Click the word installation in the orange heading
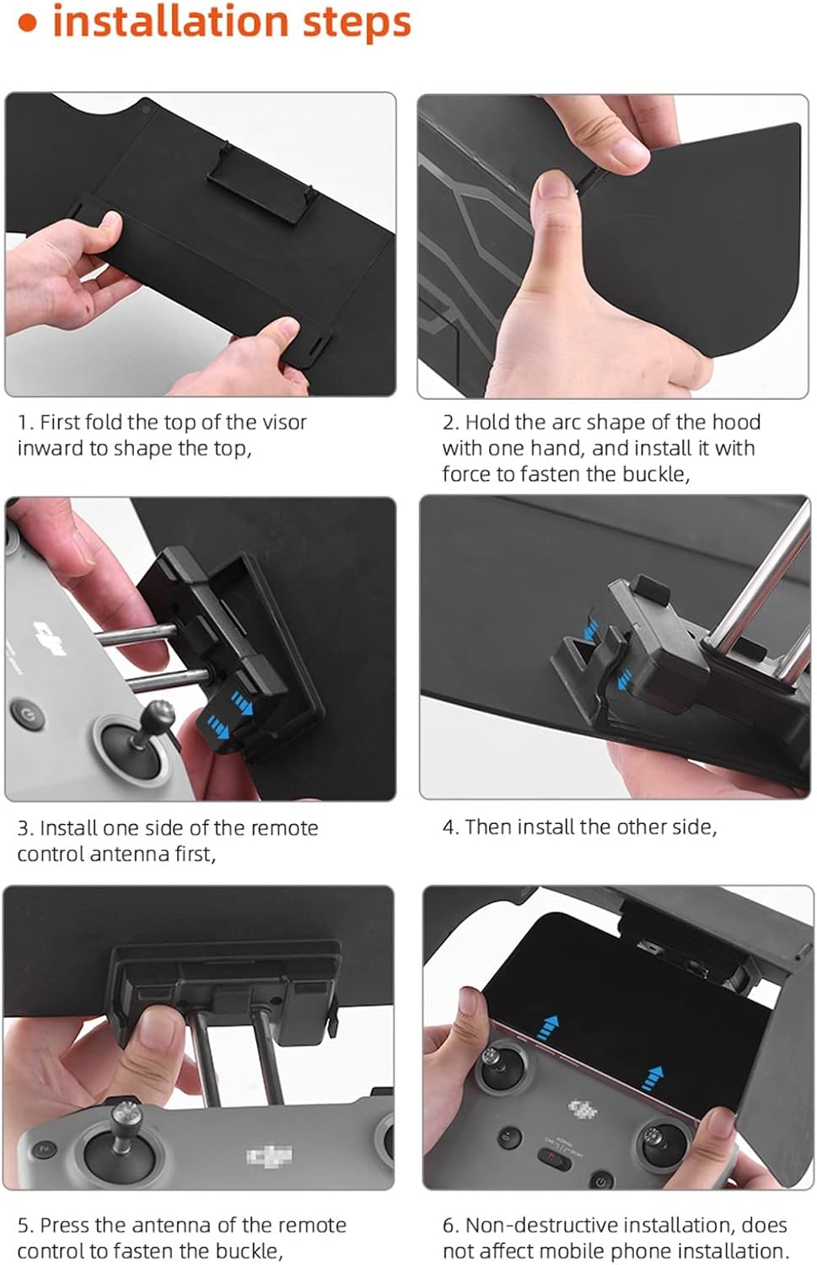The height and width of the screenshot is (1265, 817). pyautogui.click(x=171, y=21)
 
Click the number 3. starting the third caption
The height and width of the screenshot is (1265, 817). pyautogui.click(x=26, y=828)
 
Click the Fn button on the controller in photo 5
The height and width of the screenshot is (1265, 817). pyautogui.click(x=43, y=1149)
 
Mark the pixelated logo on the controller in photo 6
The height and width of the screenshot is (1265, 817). pyautogui.click(x=582, y=1109)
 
